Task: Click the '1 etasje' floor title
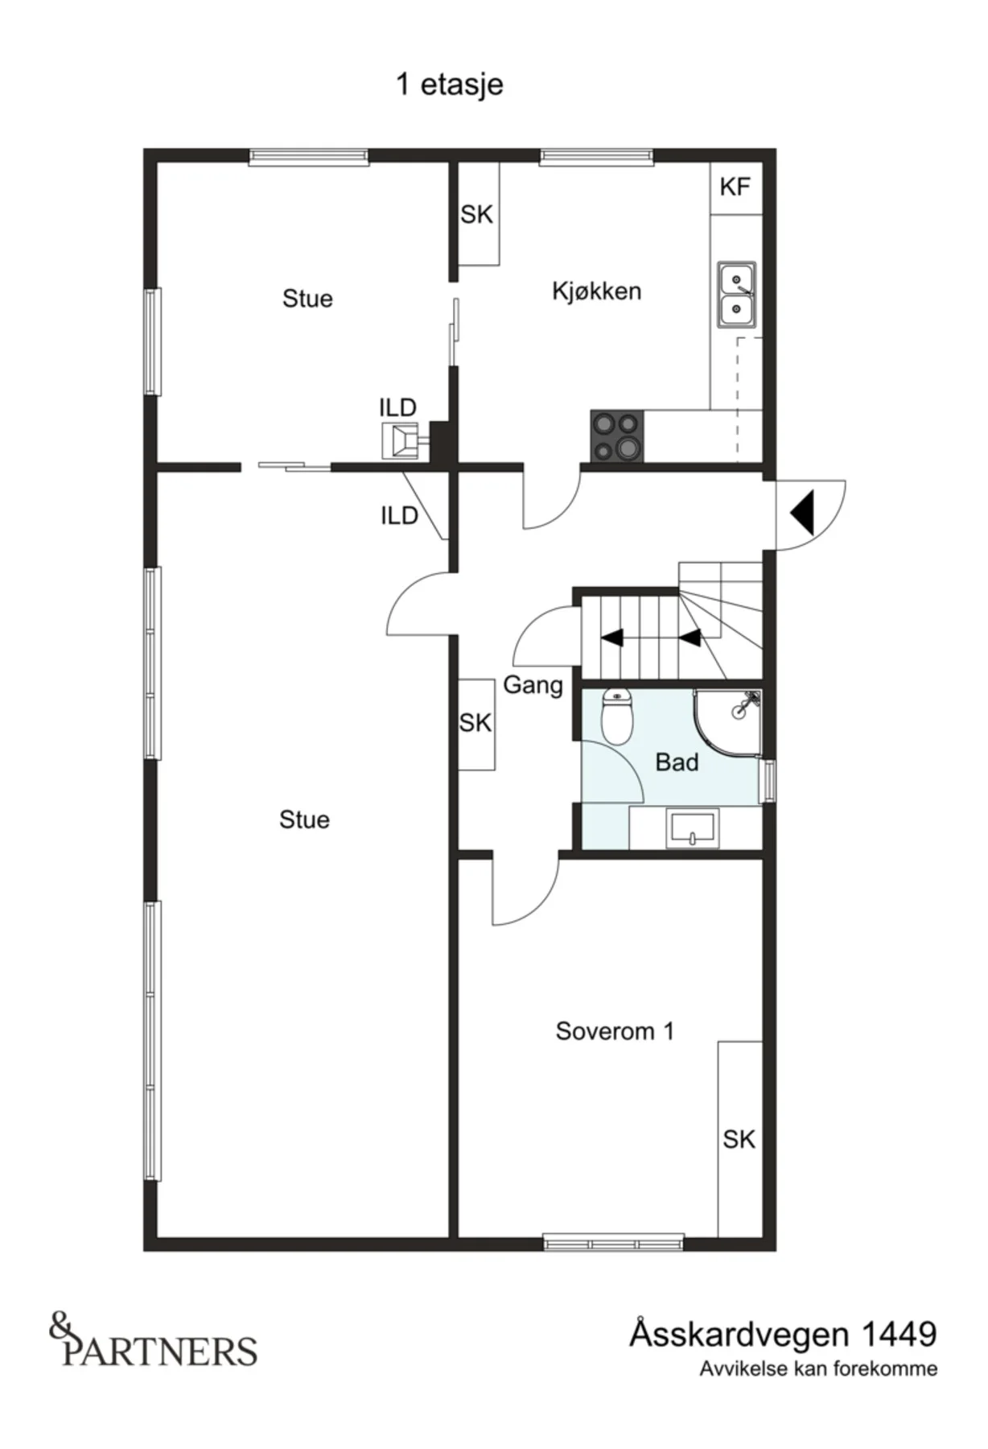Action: (450, 85)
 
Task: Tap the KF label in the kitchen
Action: (735, 187)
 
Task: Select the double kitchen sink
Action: (737, 295)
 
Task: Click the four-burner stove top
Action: (617, 436)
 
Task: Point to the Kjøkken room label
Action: (596, 291)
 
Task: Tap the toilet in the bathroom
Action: (618, 716)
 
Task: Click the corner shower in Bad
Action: (728, 721)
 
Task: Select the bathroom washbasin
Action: (692, 830)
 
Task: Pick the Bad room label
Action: (677, 762)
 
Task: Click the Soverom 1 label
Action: (615, 1031)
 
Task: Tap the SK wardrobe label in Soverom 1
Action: (739, 1139)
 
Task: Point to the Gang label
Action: (533, 686)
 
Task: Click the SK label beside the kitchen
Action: (476, 215)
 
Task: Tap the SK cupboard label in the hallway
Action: (475, 723)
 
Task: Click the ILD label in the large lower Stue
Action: (399, 515)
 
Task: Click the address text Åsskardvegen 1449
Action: (783, 1334)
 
